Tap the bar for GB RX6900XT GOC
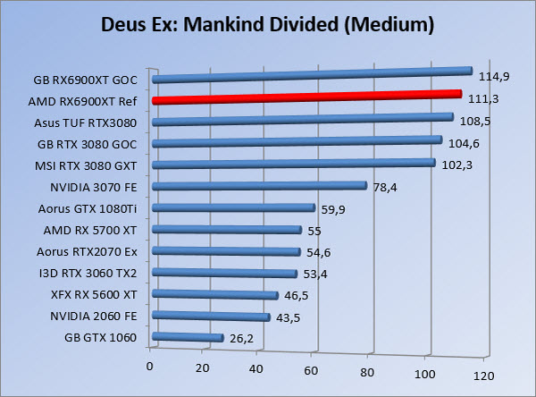tap(313, 75)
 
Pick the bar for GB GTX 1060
tap(188, 337)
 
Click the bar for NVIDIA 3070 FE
tap(260, 186)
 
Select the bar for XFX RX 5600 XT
tap(215, 294)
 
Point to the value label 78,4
tap(386, 188)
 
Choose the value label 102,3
tap(456, 165)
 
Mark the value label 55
tap(314, 231)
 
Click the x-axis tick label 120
tap(483, 373)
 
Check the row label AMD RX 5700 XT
tap(97, 230)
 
